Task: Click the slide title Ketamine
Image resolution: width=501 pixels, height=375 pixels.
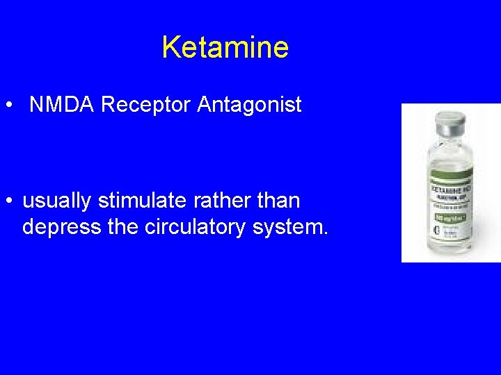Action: pos(225,47)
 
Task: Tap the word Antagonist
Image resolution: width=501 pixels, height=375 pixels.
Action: pos(250,105)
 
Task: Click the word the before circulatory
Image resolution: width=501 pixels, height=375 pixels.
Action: pos(122,227)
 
